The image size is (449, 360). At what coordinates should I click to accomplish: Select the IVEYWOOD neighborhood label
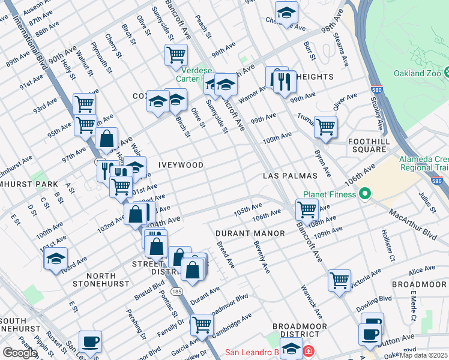(181, 164)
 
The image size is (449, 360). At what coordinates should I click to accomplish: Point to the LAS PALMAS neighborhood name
(290, 176)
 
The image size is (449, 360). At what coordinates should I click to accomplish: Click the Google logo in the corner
(20, 353)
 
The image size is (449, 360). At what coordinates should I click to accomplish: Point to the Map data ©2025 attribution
(424, 355)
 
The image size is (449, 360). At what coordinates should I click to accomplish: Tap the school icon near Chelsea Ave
(287, 12)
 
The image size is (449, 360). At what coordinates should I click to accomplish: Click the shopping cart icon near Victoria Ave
(339, 280)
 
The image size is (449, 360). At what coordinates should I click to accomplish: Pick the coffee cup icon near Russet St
(91, 341)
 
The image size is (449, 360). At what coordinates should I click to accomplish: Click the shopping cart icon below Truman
(325, 127)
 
